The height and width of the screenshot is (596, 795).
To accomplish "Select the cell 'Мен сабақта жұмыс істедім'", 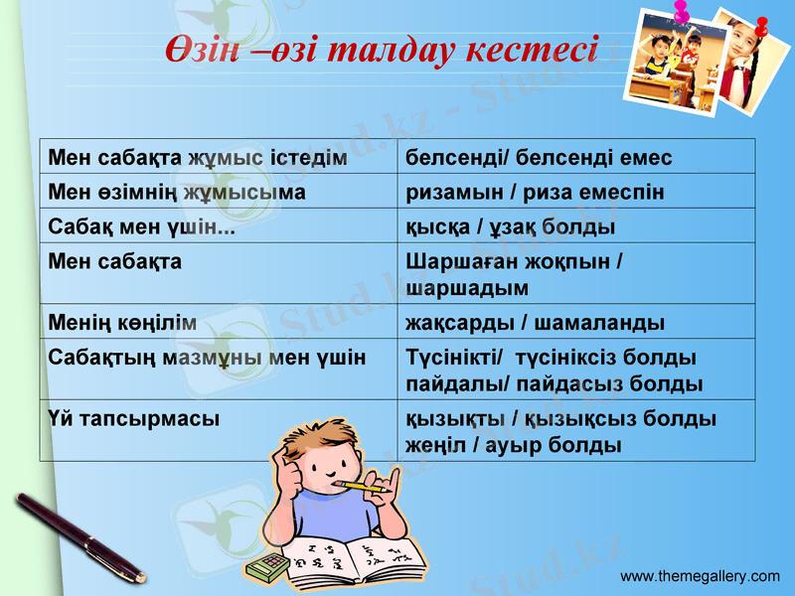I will (x=198, y=158).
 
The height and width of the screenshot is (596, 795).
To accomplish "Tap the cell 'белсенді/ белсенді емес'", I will (x=540, y=158).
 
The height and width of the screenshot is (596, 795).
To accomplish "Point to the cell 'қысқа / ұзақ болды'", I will (x=511, y=227).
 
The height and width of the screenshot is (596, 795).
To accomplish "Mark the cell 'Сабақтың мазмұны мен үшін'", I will (x=208, y=357).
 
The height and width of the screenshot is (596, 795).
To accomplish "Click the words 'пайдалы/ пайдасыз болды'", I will (x=555, y=383).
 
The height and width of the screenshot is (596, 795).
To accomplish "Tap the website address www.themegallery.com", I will (x=700, y=576).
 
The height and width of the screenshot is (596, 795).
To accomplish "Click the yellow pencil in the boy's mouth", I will (x=362, y=487).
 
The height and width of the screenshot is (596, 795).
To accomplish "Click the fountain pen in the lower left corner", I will (x=79, y=536).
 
